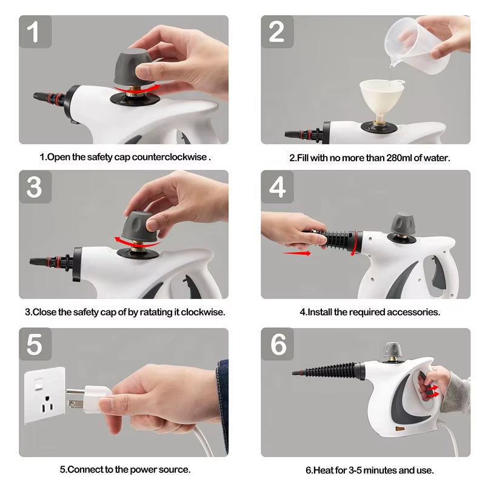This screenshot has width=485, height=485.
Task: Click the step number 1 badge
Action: (35, 32)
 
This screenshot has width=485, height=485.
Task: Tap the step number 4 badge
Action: (278, 187)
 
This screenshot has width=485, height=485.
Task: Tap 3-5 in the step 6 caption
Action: (356, 469)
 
